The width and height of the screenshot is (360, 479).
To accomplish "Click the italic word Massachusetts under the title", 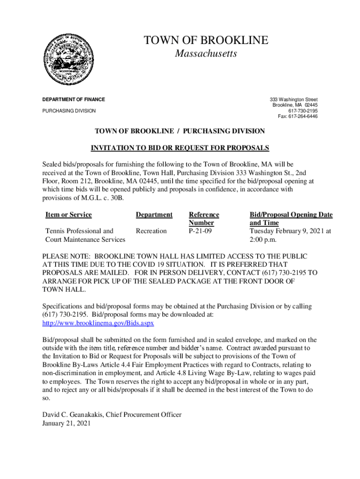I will coord(206,54).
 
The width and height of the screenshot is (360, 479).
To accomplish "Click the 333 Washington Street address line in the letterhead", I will coord(294,100).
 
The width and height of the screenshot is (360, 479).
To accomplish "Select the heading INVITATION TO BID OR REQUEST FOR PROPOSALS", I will coord(180,148).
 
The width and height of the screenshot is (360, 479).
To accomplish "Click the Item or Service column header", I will coord(68,215).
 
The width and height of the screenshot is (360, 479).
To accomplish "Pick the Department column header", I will coord(154,215).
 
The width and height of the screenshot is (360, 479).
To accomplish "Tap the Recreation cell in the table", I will coord(151,231).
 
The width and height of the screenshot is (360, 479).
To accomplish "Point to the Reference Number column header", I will coord(203,219).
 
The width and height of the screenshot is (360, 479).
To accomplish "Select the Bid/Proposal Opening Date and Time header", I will coord(291,219).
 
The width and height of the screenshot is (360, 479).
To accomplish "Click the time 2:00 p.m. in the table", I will coord(263,239).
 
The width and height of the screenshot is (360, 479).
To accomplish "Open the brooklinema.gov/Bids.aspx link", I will coord(98,323).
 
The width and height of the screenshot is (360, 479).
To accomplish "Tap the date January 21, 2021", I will coord(66,423).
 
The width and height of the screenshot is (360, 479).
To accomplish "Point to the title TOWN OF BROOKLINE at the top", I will coord(206,40).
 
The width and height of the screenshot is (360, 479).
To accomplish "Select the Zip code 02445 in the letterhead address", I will coord(310,105).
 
